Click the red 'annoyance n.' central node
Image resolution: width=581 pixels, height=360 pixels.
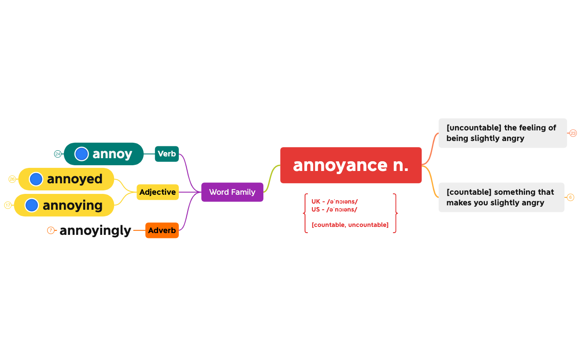point(351,165)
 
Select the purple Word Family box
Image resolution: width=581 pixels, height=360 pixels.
point(232,192)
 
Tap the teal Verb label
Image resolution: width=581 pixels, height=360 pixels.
point(167,154)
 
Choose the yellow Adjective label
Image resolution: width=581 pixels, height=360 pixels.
point(157,192)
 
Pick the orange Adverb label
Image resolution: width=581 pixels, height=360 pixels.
point(162,230)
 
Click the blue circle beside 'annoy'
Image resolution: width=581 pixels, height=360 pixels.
point(81,154)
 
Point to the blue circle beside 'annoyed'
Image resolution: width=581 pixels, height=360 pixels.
point(36,179)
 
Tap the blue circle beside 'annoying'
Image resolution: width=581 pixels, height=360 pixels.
point(32,205)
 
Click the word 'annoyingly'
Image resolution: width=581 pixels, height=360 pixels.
point(95,230)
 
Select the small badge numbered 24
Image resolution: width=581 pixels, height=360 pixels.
point(58,154)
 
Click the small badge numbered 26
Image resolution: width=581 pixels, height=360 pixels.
point(12,179)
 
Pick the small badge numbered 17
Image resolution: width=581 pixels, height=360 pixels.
point(8,205)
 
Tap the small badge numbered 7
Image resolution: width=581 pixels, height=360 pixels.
point(51,230)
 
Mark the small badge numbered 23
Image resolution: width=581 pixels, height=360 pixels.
point(573,133)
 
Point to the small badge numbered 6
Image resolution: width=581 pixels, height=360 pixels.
point(570,197)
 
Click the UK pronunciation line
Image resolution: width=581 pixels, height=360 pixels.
point(334,201)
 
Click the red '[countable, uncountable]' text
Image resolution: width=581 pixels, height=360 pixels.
point(350,225)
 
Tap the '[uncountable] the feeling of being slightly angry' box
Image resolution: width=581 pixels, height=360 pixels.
point(502,133)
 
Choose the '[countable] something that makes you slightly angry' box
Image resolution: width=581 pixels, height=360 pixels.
point(501,197)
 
